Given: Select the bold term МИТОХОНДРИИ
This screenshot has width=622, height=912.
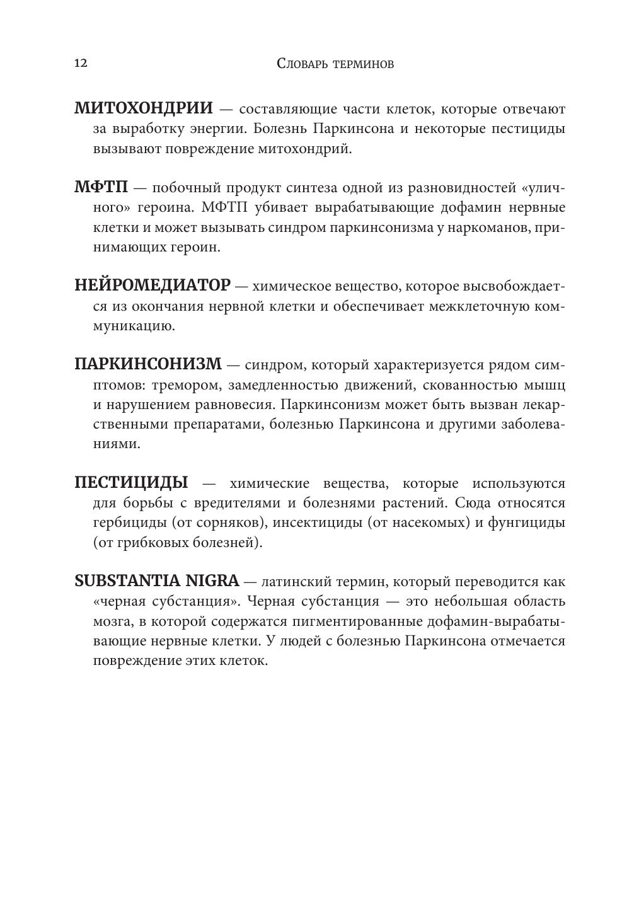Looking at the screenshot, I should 144,108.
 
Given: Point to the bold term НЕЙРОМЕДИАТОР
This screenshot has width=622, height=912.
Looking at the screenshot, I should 153,286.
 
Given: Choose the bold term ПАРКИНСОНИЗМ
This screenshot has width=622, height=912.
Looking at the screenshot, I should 148,364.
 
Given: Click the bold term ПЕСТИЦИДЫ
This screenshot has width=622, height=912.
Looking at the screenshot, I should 131,483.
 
